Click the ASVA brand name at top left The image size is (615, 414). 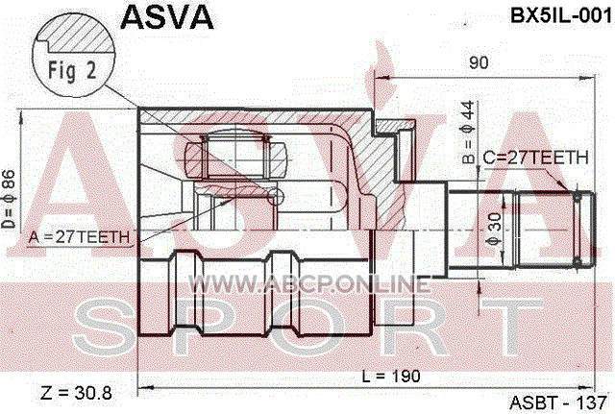click(167, 17)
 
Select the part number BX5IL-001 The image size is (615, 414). click(561, 16)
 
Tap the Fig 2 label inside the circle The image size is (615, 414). click(72, 70)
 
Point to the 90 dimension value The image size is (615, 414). click(479, 62)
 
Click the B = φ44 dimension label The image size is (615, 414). click(468, 133)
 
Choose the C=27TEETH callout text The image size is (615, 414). click(535, 158)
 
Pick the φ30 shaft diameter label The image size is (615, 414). click(495, 230)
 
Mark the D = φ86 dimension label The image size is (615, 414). click(8, 199)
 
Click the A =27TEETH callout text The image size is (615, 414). click(79, 237)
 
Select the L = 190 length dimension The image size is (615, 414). click(391, 377)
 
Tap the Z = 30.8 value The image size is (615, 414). click(76, 393)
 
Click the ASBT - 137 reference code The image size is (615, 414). click(557, 402)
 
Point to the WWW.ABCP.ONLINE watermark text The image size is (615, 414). click(309, 283)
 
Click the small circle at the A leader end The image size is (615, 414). click(276, 196)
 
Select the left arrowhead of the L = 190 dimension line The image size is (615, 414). click(145, 388)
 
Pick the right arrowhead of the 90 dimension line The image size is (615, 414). click(587, 79)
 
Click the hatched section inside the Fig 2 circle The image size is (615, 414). click(81, 35)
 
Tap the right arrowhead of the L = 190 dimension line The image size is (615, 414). click(587, 388)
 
